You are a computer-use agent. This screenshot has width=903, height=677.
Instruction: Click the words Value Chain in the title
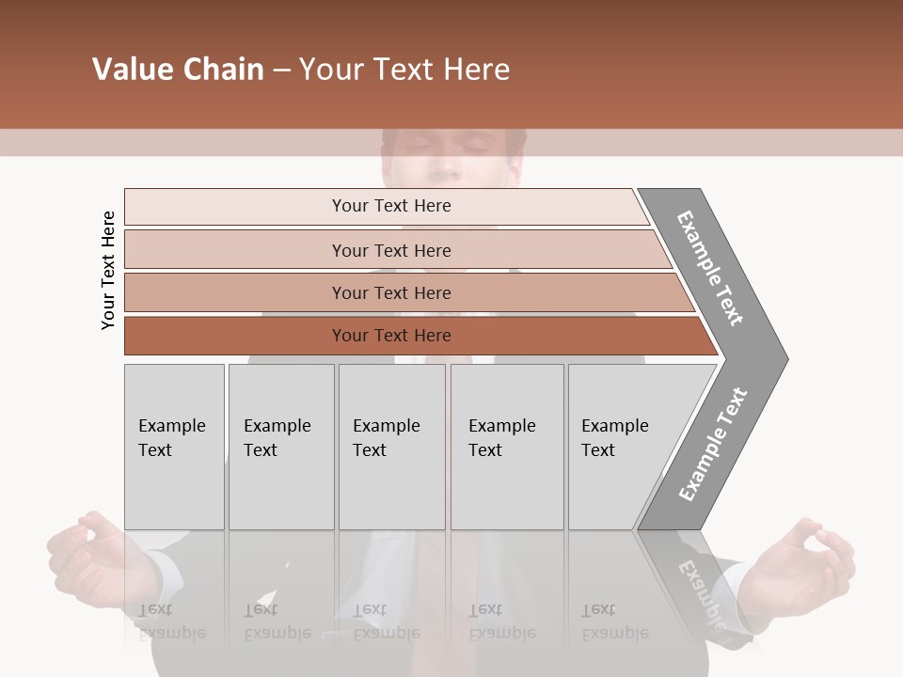[178, 70]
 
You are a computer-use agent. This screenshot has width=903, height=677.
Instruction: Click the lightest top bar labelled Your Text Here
[390, 206]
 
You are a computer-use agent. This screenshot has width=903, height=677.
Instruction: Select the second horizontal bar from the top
[390, 250]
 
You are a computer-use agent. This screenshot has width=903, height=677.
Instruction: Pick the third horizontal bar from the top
[390, 292]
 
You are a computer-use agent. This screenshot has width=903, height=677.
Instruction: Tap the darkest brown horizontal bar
[390, 336]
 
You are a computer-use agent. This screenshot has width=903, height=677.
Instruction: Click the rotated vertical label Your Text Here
[108, 271]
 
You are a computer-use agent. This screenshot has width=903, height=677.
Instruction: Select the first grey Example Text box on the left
[174, 447]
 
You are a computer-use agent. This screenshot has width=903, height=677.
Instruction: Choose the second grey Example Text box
[281, 447]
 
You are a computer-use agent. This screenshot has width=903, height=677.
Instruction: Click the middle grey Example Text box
[391, 447]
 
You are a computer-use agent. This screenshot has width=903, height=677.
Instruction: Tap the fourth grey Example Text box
[506, 447]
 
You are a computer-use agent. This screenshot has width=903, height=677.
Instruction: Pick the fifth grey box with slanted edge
[621, 447]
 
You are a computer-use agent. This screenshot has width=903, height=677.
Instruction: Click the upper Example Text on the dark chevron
[710, 268]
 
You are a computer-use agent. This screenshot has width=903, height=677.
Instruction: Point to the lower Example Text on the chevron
[713, 445]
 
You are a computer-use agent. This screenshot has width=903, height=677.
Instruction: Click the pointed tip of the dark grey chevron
[783, 358]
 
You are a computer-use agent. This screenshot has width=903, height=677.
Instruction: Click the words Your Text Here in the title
[404, 70]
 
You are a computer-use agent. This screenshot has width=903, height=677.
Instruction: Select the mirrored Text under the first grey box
[155, 609]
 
